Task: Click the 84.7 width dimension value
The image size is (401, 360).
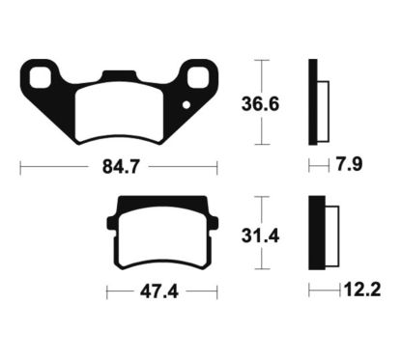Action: coord(121,167)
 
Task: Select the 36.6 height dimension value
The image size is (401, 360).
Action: coord(260,104)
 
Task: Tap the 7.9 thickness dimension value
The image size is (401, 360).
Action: coord(349,164)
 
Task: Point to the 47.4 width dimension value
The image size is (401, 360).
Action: coord(159,292)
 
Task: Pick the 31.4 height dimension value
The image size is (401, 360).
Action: coord(260,236)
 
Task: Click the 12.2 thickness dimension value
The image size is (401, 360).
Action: coord(362,290)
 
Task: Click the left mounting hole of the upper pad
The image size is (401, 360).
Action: coord(41,77)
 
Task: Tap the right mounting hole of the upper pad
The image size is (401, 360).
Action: coord(198,77)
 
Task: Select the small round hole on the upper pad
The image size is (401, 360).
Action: coord(186,105)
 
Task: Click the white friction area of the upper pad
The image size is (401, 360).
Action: coord(119,113)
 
